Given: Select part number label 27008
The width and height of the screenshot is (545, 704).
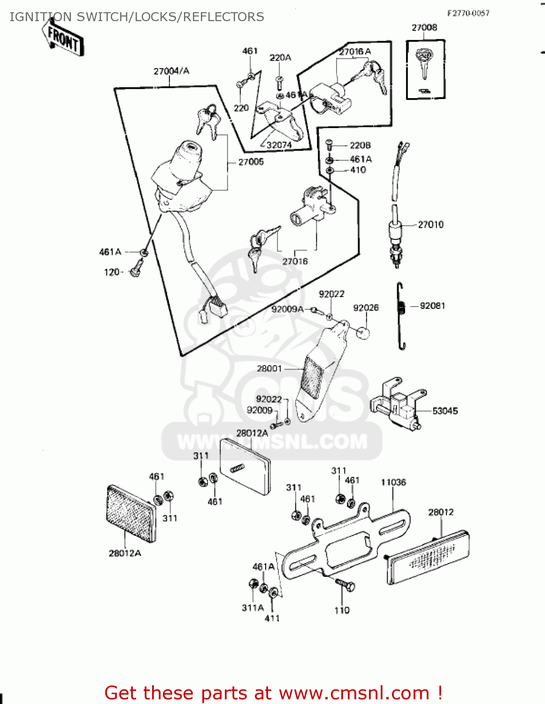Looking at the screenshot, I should pyautogui.click(x=424, y=28).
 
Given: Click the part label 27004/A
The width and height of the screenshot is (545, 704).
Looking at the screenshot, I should pyautogui.click(x=171, y=71).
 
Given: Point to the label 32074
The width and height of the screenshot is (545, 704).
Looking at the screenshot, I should pyautogui.click(x=279, y=145).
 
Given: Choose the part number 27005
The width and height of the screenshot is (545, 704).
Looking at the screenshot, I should pyautogui.click(x=251, y=162).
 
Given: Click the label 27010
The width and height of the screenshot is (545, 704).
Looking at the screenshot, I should pyautogui.click(x=430, y=225).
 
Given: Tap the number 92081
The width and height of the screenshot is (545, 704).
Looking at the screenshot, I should pyautogui.click(x=432, y=306).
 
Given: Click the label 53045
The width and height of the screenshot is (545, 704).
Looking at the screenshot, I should pyautogui.click(x=445, y=411).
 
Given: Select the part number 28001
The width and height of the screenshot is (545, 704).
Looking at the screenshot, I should pyautogui.click(x=269, y=369).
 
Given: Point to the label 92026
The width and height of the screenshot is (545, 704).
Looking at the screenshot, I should pyautogui.click(x=366, y=308).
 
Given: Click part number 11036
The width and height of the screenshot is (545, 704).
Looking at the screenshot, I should pyautogui.click(x=393, y=482).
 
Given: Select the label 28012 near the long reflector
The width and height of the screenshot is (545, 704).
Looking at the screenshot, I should pyautogui.click(x=441, y=513).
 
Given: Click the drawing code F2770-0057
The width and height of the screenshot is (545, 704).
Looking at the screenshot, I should pyautogui.click(x=468, y=13).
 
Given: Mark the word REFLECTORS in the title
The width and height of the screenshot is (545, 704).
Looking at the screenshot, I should pyautogui.click(x=223, y=17).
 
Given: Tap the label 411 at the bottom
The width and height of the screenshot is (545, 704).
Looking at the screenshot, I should pyautogui.click(x=272, y=619).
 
